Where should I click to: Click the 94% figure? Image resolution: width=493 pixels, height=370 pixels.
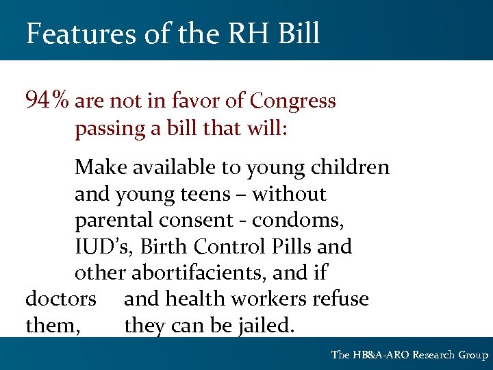(x=47, y=101)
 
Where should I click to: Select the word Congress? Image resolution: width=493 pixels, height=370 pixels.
(x=293, y=102)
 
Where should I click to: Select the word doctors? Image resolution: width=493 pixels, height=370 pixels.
(x=60, y=299)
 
